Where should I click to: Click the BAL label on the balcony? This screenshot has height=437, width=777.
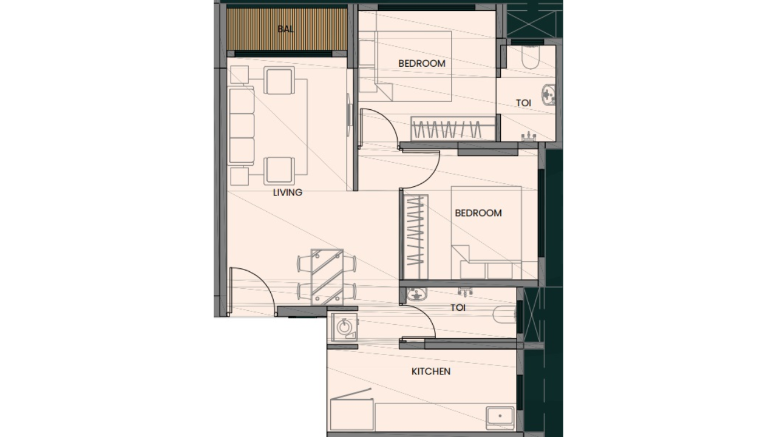point(285,29)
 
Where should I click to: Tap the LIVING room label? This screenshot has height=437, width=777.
point(287,193)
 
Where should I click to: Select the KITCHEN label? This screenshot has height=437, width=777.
point(431,371)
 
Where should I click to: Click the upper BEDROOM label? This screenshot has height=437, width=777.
point(421,63)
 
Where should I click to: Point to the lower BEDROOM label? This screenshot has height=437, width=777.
point(478,213)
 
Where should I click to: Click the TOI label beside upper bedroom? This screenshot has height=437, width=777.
point(523,103)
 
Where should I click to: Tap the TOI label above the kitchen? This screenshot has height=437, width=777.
point(458,308)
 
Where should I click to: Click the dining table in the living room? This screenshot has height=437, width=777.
point(327,276)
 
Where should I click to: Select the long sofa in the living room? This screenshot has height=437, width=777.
point(241,126)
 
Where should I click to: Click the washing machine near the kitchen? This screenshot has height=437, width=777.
point(344,328)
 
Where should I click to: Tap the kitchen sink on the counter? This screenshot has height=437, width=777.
point(500,416)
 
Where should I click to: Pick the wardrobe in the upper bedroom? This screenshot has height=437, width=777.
point(446,129)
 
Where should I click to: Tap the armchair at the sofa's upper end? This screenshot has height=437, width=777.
point(280,82)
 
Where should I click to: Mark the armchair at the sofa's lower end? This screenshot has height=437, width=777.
point(280,170)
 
